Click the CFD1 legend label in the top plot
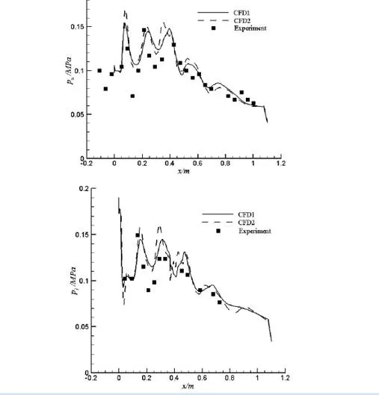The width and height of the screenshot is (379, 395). pyautogui.click(x=241, y=13)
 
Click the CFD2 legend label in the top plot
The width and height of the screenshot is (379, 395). pyautogui.click(x=242, y=21)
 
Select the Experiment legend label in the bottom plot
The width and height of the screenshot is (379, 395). pyautogui.click(x=255, y=231)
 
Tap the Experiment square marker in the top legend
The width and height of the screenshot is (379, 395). pyautogui.click(x=214, y=28)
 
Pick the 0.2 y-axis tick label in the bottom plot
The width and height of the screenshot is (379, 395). pyautogui.click(x=84, y=189)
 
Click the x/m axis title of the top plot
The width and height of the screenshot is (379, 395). pyautogui.click(x=184, y=171)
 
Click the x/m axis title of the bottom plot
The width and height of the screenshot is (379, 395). pyautogui.click(x=188, y=386)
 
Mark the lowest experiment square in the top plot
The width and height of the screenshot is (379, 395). pyautogui.click(x=132, y=96)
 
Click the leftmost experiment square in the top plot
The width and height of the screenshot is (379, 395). pyautogui.click(x=99, y=71)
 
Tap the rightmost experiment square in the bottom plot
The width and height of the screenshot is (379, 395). pyautogui.click(x=219, y=302)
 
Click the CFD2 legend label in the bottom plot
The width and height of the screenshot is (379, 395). pyautogui.click(x=247, y=223)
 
